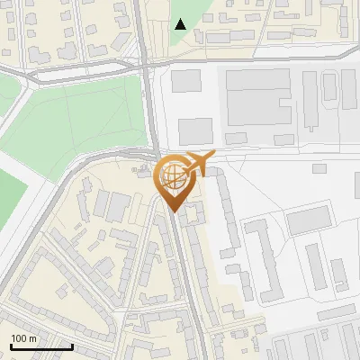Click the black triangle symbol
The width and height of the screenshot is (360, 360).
pyautogui.click(x=181, y=24)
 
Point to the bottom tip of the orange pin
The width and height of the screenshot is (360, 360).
pyautogui.click(x=174, y=211)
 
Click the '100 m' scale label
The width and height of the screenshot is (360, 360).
pyautogui.click(x=23, y=338)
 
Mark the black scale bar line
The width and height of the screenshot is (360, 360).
pyautogui.click(x=40, y=346)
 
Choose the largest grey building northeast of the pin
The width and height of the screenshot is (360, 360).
pyautogui.click(x=258, y=97)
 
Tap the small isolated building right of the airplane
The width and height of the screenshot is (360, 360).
pyautogui.click(x=319, y=168)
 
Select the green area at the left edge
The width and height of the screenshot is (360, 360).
pyautogui.click(x=9, y=193)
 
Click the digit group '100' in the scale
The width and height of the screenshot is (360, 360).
pyautogui.click(x=19, y=338)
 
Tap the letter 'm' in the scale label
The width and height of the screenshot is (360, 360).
pyautogui.click(x=32, y=338)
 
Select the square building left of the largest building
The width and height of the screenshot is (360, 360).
pyautogui.click(x=186, y=80)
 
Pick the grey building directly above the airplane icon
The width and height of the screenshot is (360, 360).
pyautogui.click(x=195, y=132)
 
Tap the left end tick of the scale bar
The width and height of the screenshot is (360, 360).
pyautogui.click(x=11, y=345)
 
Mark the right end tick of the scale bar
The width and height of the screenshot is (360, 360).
pyautogui.click(x=71, y=345)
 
